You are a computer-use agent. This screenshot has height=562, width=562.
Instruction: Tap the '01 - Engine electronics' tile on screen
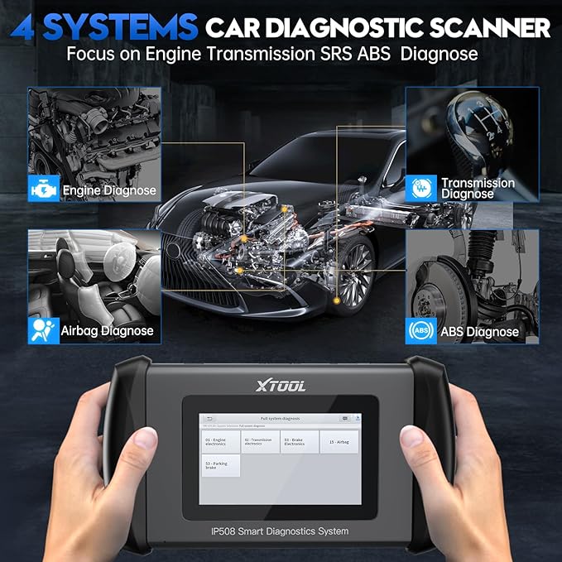(x=220, y=441)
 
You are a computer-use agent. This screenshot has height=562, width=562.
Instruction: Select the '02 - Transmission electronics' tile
(x=260, y=441)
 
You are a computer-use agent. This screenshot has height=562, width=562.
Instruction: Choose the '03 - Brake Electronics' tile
(x=299, y=441)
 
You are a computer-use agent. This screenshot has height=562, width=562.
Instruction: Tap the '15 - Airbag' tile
(x=339, y=441)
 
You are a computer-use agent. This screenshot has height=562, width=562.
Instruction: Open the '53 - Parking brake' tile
(x=220, y=465)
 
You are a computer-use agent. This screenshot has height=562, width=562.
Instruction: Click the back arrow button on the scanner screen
(x=210, y=419)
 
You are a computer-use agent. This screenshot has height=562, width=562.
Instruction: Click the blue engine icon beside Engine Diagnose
(x=38, y=190)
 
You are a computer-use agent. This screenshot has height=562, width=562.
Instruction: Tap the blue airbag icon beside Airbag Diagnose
(x=39, y=331)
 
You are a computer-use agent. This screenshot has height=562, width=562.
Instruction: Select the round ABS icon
(x=418, y=332)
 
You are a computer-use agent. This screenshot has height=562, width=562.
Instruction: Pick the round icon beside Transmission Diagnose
(x=419, y=189)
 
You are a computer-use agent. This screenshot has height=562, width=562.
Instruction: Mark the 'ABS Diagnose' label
(x=480, y=332)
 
